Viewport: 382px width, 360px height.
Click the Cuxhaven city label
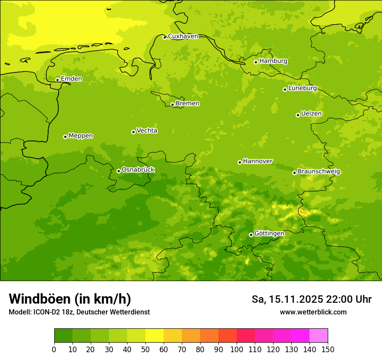[183, 36]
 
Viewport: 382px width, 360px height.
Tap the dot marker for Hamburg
[256, 62]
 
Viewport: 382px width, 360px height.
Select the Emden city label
[71, 79]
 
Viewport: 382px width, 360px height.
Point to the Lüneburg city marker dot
[285, 89]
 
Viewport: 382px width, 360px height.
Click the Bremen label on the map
[188, 104]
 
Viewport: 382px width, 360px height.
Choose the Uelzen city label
[311, 114]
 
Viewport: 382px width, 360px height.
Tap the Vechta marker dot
[133, 132]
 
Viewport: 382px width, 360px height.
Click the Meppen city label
[81, 136]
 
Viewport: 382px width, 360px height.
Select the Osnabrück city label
[138, 170]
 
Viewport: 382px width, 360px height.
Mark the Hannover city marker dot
[240, 162]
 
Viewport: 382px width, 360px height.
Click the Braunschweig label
[319, 172]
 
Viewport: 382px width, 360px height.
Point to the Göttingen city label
[269, 234]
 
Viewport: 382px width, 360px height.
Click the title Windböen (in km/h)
[70, 299]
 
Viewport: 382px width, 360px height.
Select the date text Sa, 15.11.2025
[287, 299]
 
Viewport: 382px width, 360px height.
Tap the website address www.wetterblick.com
[313, 312]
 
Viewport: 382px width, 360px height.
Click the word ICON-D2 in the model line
[46, 312]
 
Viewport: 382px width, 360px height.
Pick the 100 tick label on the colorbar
[236, 349]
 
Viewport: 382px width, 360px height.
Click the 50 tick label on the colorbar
[145, 349]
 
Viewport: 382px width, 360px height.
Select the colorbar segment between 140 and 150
[319, 336]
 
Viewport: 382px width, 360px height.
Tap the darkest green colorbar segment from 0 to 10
[63, 336]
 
